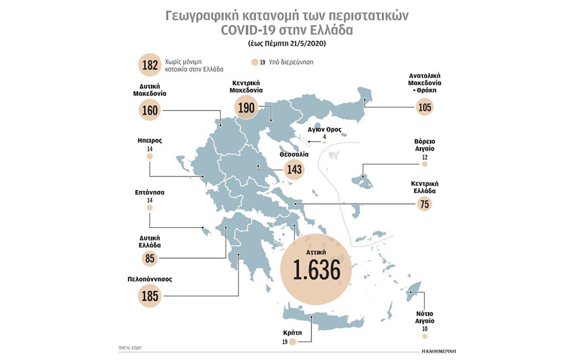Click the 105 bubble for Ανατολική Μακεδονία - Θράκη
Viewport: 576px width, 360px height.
point(424,107)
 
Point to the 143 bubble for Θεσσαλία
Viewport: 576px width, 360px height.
point(293,169)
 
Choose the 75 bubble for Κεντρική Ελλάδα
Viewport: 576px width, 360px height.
point(424,204)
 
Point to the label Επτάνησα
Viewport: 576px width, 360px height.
point(149,193)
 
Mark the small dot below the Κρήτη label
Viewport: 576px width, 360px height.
point(292,342)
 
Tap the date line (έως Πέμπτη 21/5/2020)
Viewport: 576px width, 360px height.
point(288,44)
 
